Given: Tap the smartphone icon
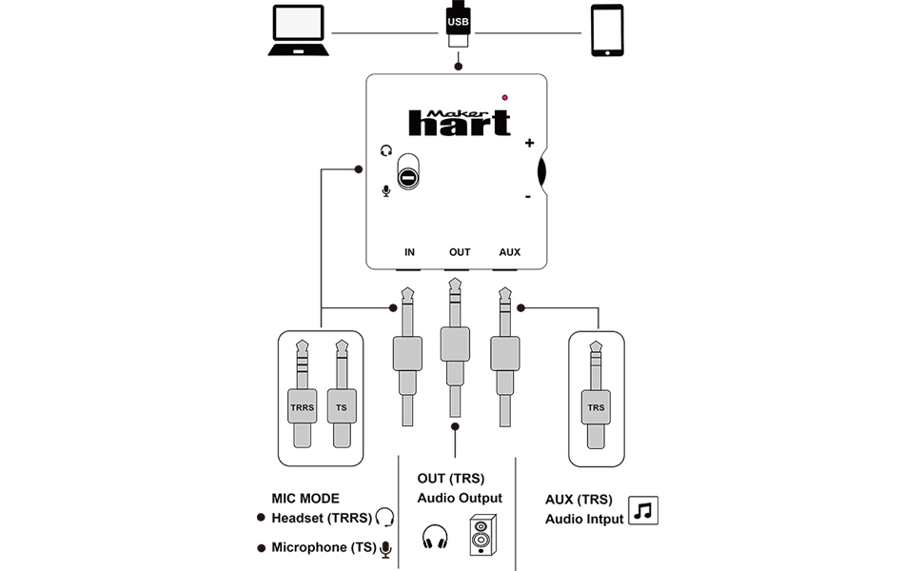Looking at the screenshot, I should click(607, 30).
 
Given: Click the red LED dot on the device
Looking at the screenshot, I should click(504, 97).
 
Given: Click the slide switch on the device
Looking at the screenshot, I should click(407, 171).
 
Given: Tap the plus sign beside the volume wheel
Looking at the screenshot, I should click(529, 144).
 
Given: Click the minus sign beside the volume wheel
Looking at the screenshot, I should click(527, 197).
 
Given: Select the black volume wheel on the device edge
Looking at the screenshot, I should click(542, 171).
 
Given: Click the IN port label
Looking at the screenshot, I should click(409, 252).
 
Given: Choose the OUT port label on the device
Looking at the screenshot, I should click(460, 252).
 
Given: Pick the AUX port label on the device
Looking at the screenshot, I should click(510, 252).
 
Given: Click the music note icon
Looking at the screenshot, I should click(644, 511).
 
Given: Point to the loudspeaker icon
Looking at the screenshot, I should click(481, 536).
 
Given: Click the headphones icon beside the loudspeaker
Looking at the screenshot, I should click(435, 537).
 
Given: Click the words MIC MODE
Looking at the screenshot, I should click(304, 498).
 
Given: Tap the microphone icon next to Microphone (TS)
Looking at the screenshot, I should click(385, 548).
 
